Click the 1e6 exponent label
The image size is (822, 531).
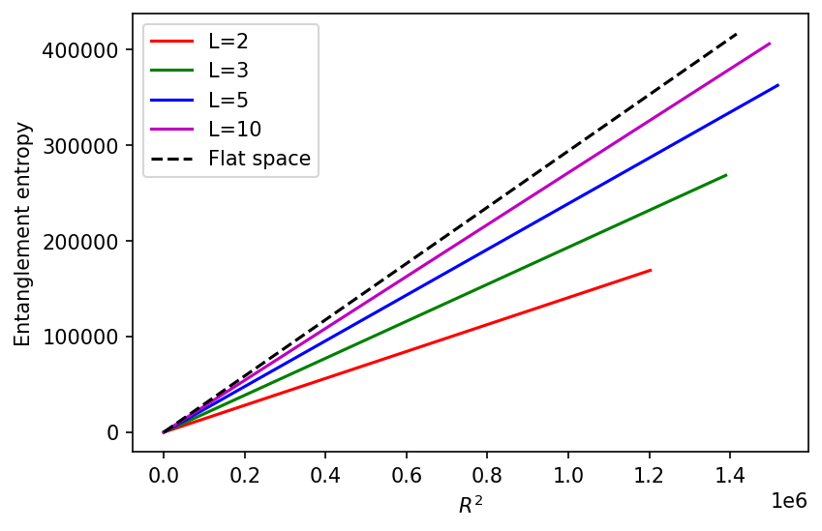(x=787, y=500)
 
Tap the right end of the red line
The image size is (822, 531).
(x=651, y=270)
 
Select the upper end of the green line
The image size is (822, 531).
(x=726, y=175)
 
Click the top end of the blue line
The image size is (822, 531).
(x=778, y=85)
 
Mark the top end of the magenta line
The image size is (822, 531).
(x=770, y=44)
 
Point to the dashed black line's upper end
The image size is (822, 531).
(x=738, y=33)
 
